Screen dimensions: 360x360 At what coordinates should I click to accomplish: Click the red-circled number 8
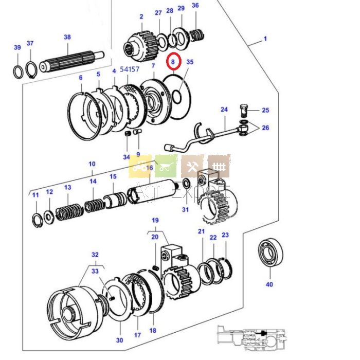[173, 61]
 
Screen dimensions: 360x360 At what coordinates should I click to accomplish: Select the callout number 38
[67, 37]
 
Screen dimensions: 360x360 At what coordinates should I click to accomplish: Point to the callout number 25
[265, 110]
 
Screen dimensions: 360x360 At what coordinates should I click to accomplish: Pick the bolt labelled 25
[244, 110]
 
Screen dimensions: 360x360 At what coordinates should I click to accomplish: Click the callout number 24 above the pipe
[224, 110]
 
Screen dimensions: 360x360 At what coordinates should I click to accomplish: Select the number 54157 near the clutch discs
[130, 69]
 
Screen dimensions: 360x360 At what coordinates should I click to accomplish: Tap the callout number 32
[95, 255]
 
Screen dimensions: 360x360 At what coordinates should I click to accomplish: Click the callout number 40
[269, 284]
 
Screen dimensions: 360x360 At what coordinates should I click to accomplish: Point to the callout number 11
[35, 195]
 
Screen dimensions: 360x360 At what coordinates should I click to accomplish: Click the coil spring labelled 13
[69, 211]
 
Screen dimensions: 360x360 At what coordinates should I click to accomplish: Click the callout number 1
[265, 39]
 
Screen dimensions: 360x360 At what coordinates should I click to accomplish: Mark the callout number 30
[119, 340]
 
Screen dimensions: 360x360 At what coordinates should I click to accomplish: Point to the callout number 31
[185, 209]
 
